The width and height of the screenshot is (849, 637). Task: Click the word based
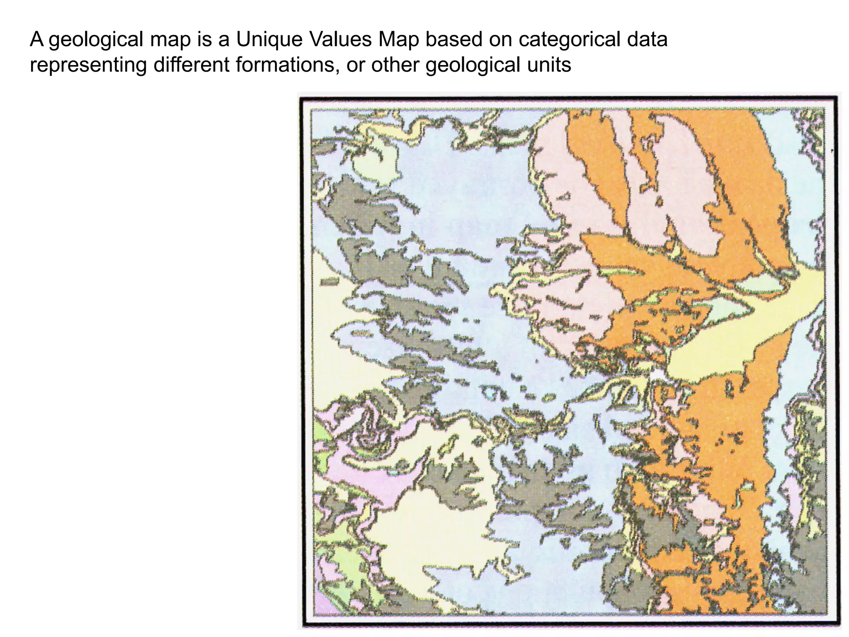click(x=453, y=40)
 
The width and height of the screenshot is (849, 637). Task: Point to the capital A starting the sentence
click(x=36, y=40)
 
